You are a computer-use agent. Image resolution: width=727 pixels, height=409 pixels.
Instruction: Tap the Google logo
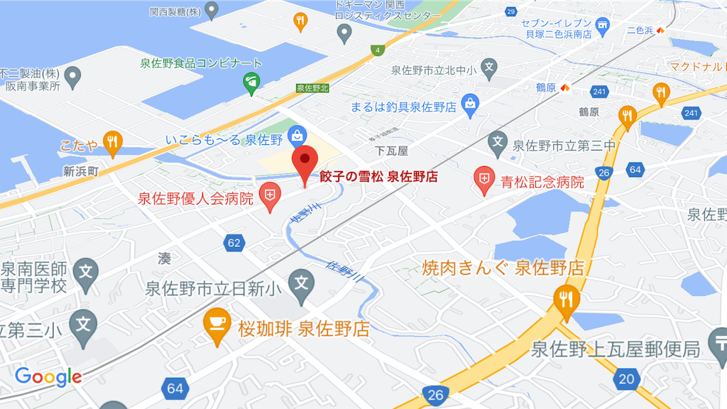[48, 377]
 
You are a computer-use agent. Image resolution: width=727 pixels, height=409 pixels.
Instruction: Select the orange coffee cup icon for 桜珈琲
[217, 323]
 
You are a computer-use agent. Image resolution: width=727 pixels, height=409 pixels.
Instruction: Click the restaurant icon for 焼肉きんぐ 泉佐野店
[566, 299]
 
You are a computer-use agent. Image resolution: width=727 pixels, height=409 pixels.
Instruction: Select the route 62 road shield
[234, 243]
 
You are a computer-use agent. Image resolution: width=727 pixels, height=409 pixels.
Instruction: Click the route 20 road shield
[626, 378]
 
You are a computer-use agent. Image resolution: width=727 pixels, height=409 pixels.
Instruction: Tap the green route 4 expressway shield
[379, 50]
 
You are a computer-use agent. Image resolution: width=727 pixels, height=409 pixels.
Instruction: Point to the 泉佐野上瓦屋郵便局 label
[616, 349]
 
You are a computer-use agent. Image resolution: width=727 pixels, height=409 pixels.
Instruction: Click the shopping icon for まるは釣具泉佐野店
[469, 105]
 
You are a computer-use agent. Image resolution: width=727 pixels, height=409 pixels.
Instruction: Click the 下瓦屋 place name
[392, 151]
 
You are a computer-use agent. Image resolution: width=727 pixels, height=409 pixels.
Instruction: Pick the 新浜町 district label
[81, 170]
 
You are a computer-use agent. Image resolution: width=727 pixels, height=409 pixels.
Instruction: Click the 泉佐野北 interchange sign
[312, 88]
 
